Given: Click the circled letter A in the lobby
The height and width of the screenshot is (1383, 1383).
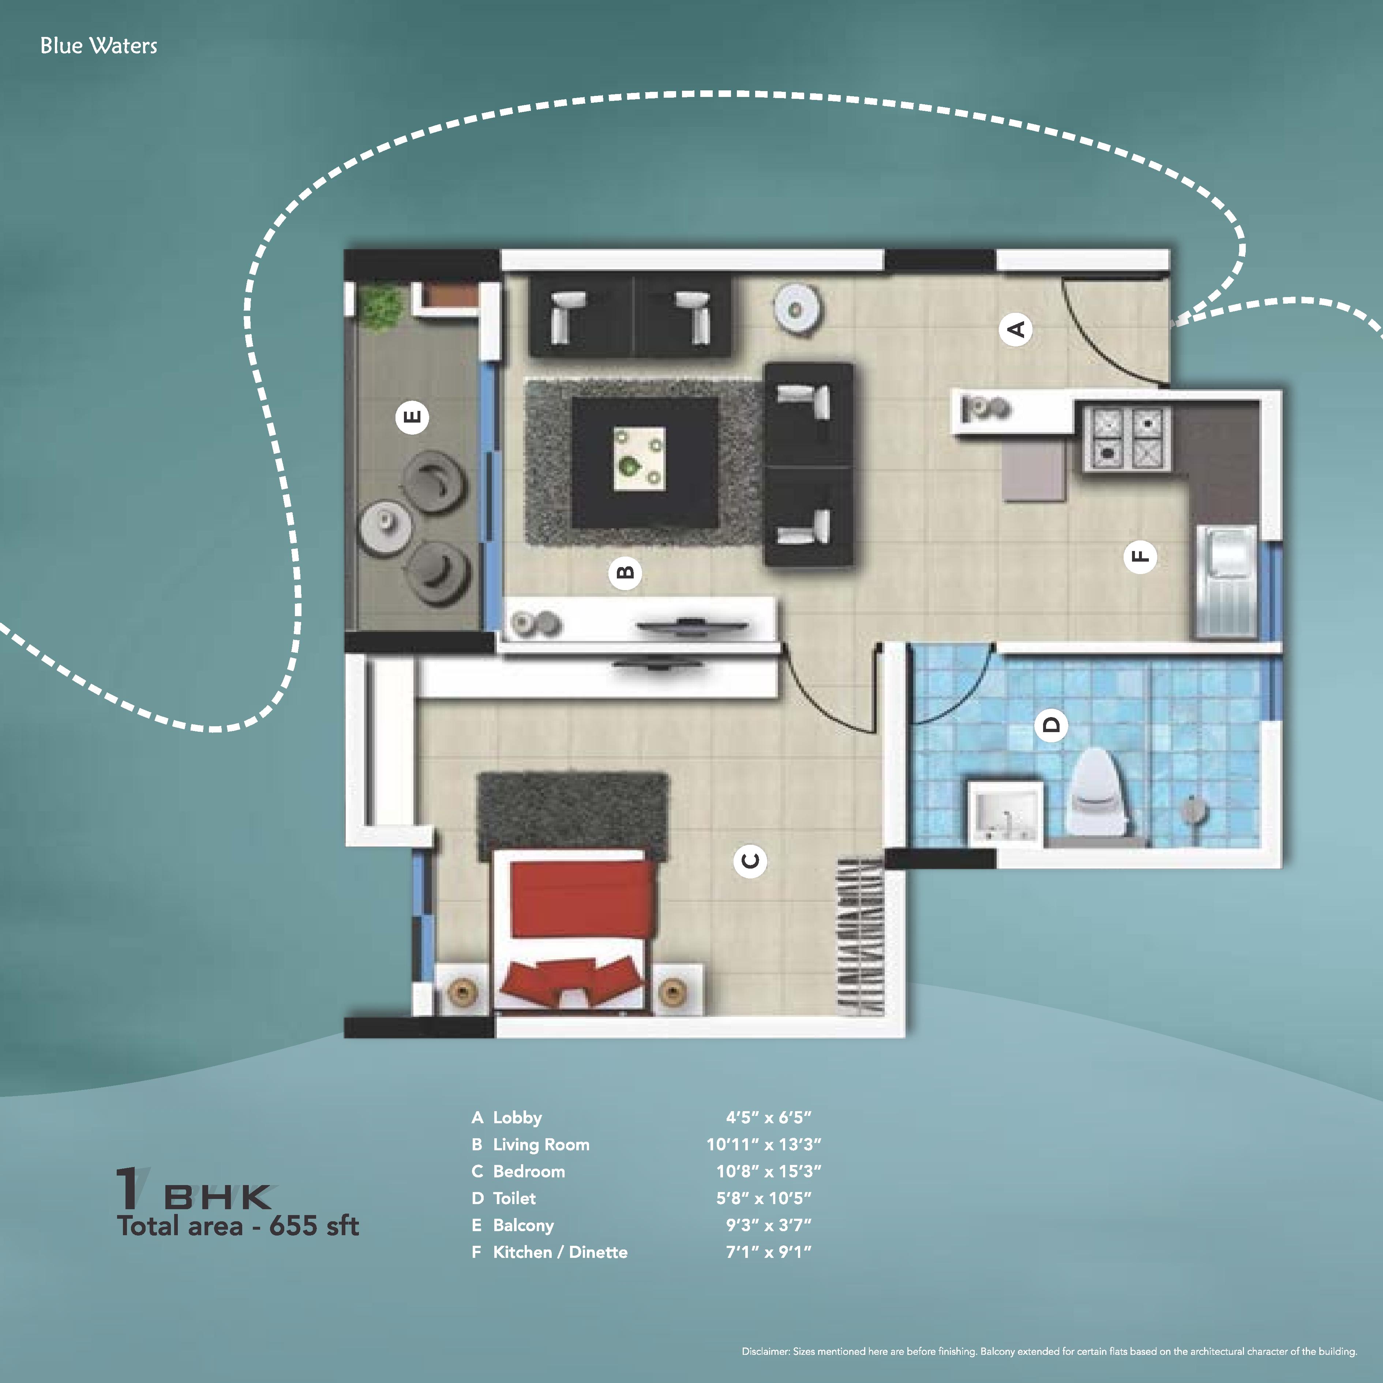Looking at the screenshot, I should click(1016, 329).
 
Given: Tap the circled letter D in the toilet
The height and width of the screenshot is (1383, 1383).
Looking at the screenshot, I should click(1051, 724).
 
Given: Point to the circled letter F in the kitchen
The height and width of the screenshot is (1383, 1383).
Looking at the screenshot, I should click(1140, 556).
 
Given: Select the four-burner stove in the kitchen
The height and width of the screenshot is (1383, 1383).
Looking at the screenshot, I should click(1128, 438).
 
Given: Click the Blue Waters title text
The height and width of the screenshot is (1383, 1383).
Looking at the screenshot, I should click(99, 46).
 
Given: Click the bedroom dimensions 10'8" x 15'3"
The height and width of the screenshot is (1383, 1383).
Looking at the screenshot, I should click(768, 1171).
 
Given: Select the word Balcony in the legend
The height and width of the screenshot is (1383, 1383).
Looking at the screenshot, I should click(523, 1226).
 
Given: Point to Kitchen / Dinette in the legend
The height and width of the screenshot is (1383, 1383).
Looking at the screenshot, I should click(560, 1252).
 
